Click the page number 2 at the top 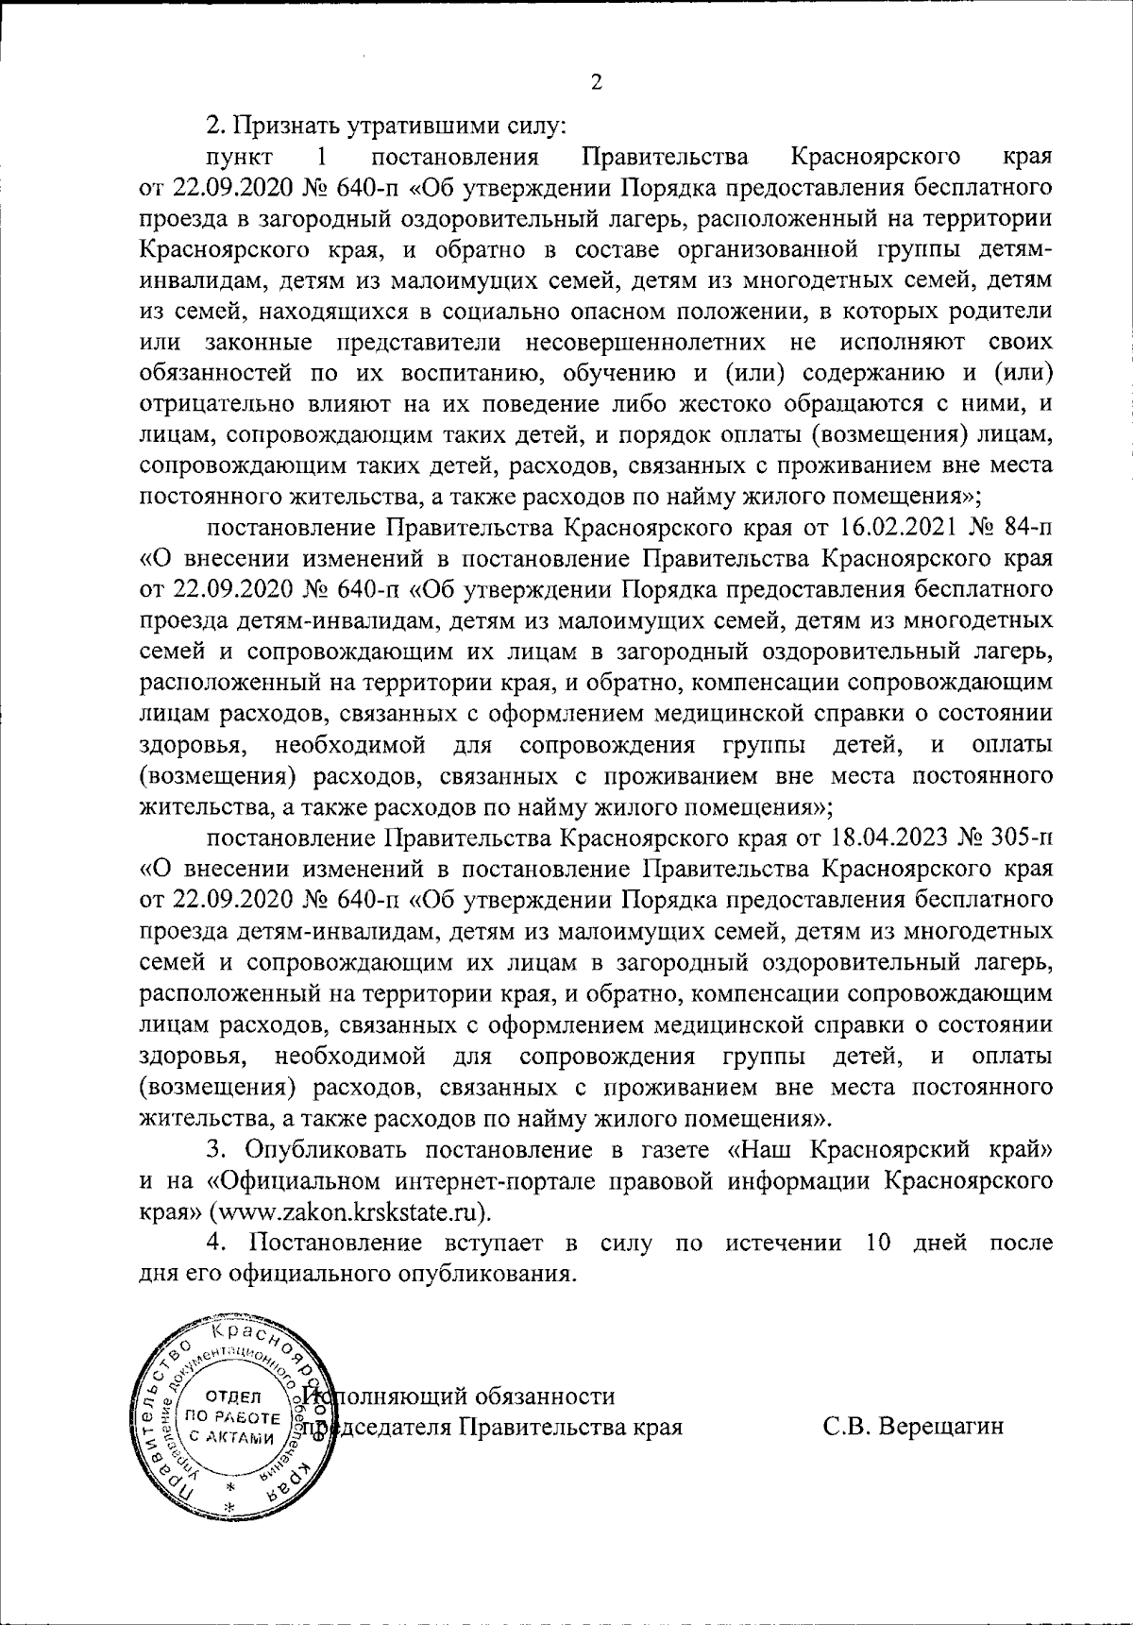tap(596, 82)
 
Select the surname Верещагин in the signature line tap(941, 1425)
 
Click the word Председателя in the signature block tap(380, 1425)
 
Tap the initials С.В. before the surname tap(846, 1425)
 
